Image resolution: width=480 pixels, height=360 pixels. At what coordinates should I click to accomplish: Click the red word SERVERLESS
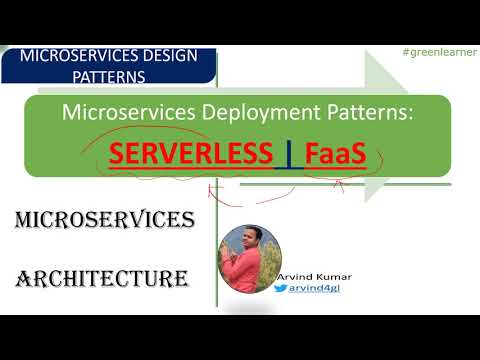tap(191, 156)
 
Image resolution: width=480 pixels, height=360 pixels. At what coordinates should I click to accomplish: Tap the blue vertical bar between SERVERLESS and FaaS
tap(289, 157)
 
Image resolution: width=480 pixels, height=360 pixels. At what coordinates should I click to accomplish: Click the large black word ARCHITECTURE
tap(102, 277)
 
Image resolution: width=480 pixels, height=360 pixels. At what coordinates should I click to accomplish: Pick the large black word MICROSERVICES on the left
tap(104, 219)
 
